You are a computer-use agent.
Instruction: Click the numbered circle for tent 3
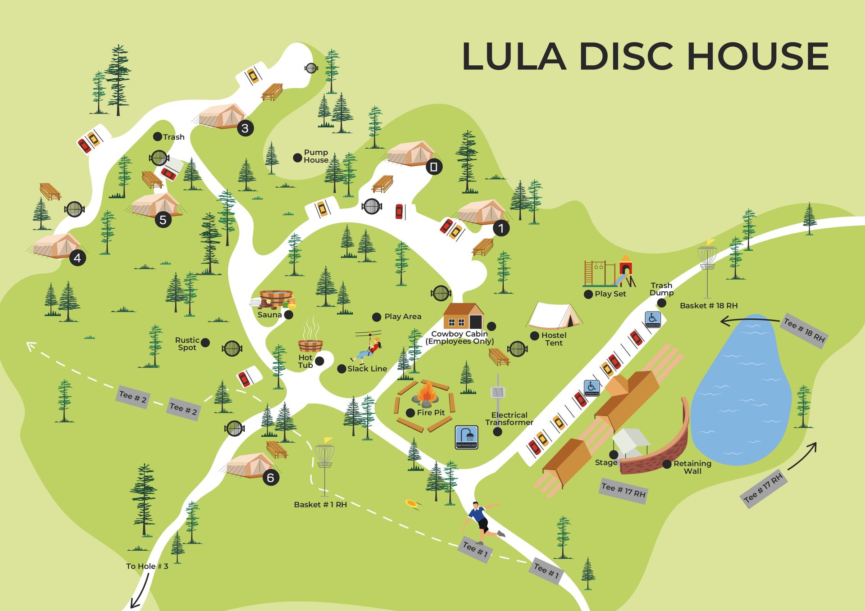click(245, 128)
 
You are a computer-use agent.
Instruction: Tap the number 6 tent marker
click(271, 477)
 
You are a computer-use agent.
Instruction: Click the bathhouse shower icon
click(466, 437)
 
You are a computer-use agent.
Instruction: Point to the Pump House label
click(316, 156)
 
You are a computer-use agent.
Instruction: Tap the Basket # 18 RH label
click(709, 306)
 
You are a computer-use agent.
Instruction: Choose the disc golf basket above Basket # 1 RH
click(324, 457)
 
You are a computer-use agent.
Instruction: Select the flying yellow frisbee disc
click(411, 503)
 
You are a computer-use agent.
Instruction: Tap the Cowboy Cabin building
click(463, 316)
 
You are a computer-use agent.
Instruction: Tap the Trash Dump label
click(661, 289)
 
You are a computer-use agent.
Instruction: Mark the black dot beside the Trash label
click(157, 136)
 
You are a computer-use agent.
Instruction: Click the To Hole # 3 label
click(147, 566)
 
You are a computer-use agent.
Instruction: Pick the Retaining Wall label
click(692, 467)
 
